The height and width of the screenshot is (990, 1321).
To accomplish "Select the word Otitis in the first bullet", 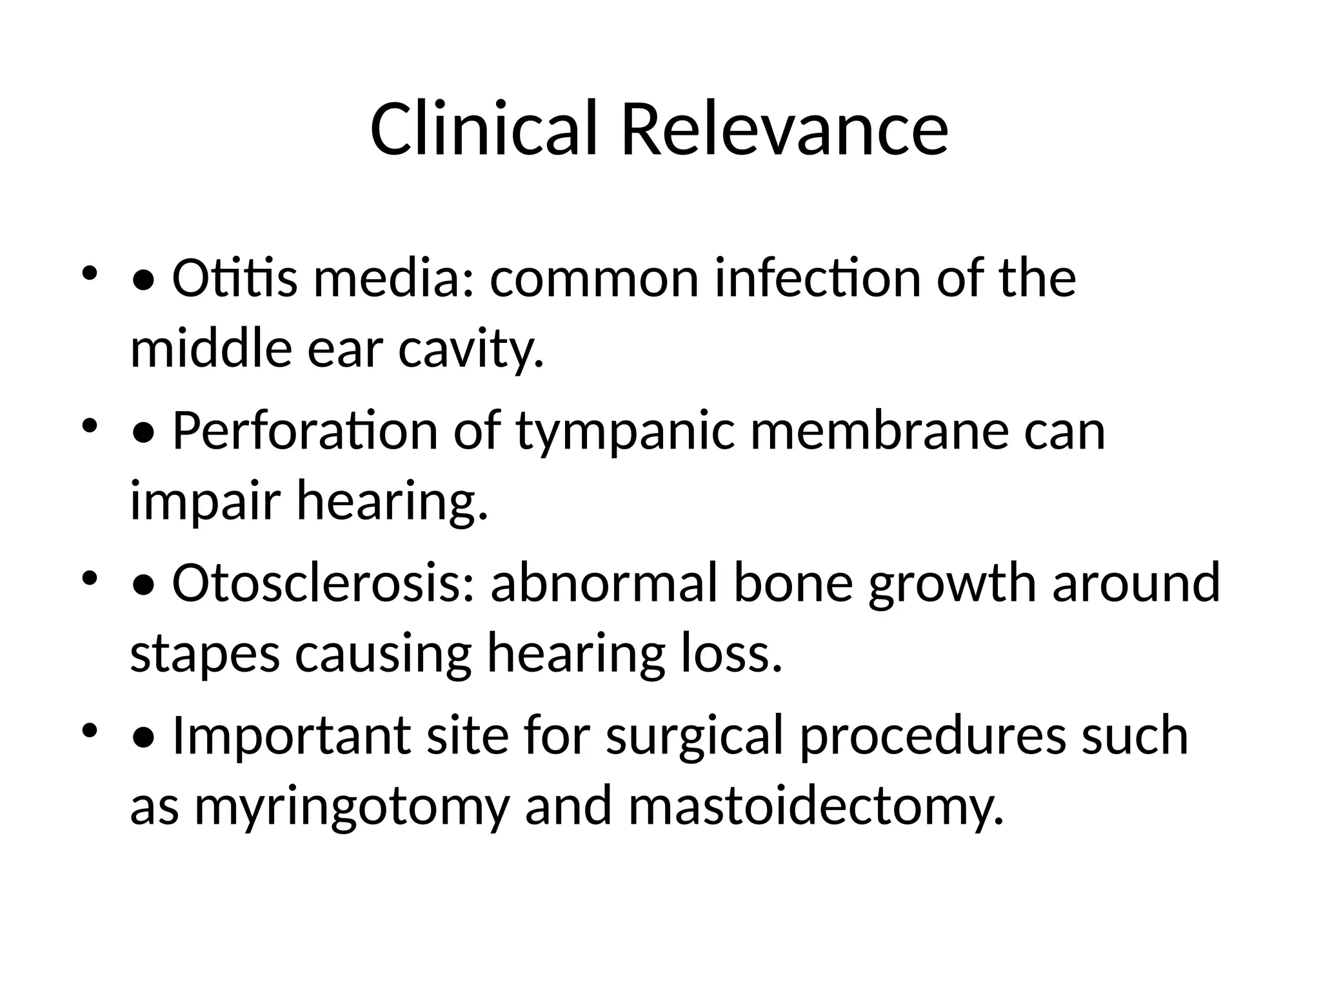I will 235,279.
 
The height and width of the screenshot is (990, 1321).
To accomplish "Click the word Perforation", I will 305,431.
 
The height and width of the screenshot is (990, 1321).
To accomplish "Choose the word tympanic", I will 625,431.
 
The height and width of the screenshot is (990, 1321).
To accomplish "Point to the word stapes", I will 205,654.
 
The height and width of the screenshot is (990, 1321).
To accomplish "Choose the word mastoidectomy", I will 816,806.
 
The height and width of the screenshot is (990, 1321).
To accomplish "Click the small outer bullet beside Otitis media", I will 89,273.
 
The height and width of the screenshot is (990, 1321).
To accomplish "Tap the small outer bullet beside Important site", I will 89,730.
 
